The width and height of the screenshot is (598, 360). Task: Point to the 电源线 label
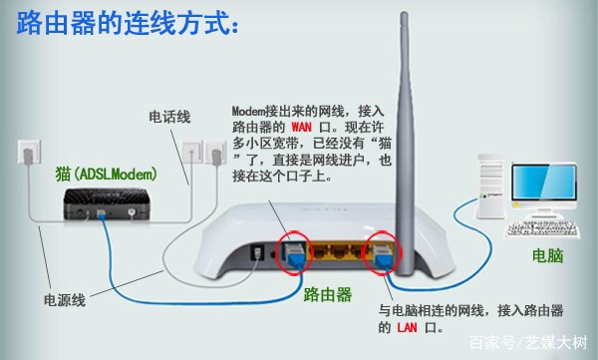click(64, 298)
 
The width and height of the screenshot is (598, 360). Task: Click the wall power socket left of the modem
click(27, 153)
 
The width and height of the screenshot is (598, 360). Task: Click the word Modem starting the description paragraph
click(251, 111)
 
